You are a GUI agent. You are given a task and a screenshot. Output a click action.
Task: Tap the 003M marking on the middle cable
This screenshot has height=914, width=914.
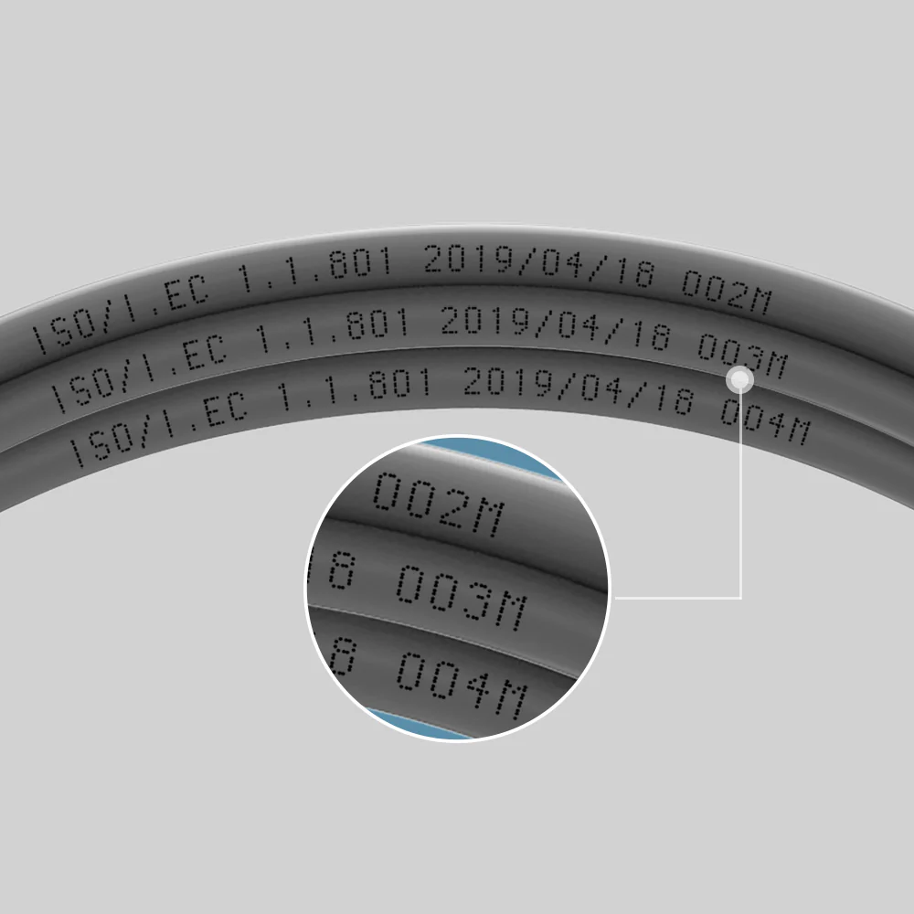[742, 356]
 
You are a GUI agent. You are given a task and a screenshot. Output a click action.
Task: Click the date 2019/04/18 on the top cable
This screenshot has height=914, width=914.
[539, 266]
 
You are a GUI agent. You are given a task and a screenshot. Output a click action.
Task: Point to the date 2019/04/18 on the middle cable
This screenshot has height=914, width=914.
[556, 329]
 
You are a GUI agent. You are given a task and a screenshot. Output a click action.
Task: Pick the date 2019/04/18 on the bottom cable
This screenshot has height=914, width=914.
[579, 390]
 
